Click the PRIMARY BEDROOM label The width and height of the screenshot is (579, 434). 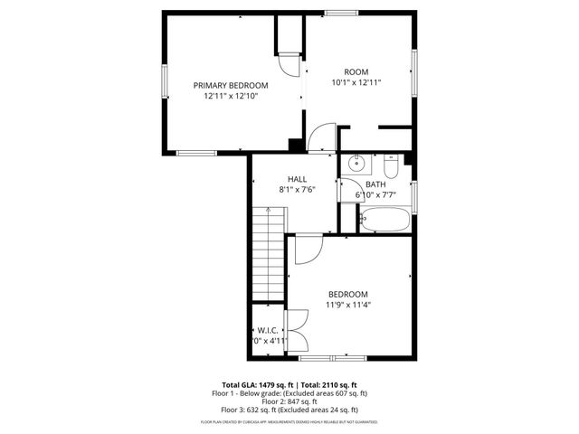pos(231,85)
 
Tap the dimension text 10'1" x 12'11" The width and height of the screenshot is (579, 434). pos(356,82)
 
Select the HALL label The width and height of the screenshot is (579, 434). pos(297,179)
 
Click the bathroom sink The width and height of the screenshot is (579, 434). pos(356,165)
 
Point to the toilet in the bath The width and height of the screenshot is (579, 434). pos(391,168)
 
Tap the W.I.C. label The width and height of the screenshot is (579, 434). pos(268,330)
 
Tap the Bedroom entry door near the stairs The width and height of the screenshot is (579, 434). pos(308,249)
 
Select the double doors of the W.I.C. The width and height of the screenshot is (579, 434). pos(296,332)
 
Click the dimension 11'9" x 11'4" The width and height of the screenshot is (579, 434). pos(348,305)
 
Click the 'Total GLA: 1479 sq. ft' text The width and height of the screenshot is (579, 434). pos(255,385)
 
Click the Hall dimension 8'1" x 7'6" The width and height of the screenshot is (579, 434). pos(297,190)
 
